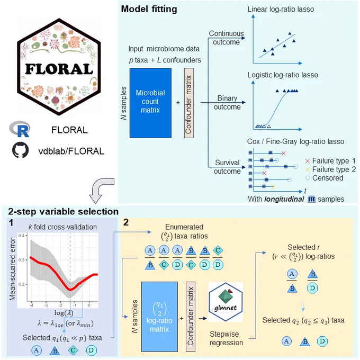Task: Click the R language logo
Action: (x=20, y=129)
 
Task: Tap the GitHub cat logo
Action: (x=20, y=150)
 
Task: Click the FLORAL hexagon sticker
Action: (x=59, y=67)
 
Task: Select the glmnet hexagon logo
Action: (x=226, y=302)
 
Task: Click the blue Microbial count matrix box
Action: (x=150, y=103)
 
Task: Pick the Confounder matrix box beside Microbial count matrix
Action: (x=188, y=103)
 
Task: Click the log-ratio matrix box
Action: (x=159, y=317)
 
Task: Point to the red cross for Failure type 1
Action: (x=308, y=161)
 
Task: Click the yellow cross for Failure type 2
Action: (x=308, y=169)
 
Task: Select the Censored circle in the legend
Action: (x=308, y=178)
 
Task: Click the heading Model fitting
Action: (x=149, y=9)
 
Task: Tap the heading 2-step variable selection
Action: (x=64, y=211)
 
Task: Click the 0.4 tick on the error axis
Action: (x=22, y=236)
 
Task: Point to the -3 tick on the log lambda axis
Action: (x=46, y=305)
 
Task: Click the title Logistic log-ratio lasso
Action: (x=283, y=75)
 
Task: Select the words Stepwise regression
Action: (x=226, y=338)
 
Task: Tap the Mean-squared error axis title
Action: (x=12, y=269)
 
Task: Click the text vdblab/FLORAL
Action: (x=71, y=151)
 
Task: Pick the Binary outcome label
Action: (x=227, y=103)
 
